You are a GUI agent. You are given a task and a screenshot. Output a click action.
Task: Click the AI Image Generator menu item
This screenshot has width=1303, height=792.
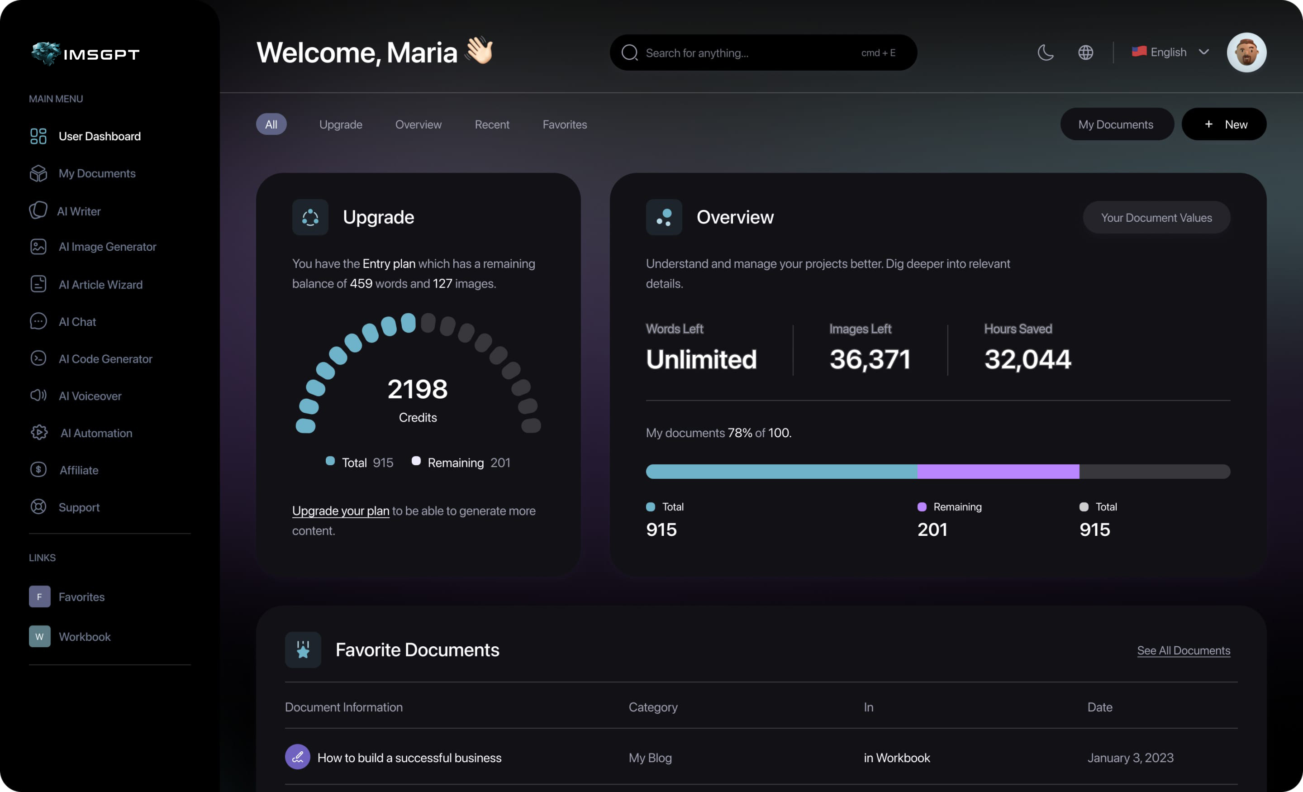[x=107, y=247]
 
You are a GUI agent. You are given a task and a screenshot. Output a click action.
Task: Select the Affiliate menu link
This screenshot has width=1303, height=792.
[x=78, y=470]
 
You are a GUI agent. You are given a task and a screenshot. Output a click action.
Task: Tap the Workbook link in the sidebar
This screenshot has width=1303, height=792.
[x=84, y=636]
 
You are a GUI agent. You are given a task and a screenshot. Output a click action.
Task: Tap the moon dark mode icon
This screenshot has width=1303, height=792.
[x=1046, y=52]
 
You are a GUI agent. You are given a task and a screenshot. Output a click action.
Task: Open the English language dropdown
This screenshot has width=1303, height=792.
[x=1170, y=52]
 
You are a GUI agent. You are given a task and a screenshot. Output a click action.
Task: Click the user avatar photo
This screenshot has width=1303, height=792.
[x=1246, y=52]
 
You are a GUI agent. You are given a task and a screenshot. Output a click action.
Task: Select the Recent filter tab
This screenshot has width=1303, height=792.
[x=492, y=124]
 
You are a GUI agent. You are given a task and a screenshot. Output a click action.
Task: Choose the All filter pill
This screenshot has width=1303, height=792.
[x=271, y=124]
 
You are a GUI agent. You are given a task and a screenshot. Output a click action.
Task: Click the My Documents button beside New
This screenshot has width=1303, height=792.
[x=1116, y=124]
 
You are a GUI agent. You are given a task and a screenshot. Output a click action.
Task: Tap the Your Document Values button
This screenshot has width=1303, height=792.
[x=1156, y=217]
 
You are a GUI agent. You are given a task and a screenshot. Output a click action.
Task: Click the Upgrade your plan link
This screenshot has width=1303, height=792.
[x=341, y=511]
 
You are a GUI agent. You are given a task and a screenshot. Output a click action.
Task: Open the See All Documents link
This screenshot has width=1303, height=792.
[x=1183, y=650]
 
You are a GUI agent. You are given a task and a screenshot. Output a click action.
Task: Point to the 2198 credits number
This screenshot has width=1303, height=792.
[x=417, y=389]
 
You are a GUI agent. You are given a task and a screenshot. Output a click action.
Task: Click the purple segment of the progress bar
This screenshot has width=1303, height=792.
[x=998, y=472]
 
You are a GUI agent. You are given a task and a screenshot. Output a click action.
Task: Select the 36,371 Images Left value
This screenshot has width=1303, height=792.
[x=870, y=359]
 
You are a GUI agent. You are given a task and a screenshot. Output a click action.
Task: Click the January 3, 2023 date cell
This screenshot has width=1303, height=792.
[x=1130, y=758]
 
